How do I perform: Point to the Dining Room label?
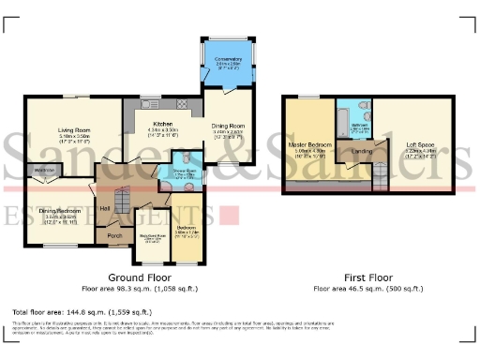pyautogui.click(x=228, y=126)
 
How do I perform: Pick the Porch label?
pyautogui.click(x=115, y=234)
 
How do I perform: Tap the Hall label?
pyautogui.click(x=106, y=207)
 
